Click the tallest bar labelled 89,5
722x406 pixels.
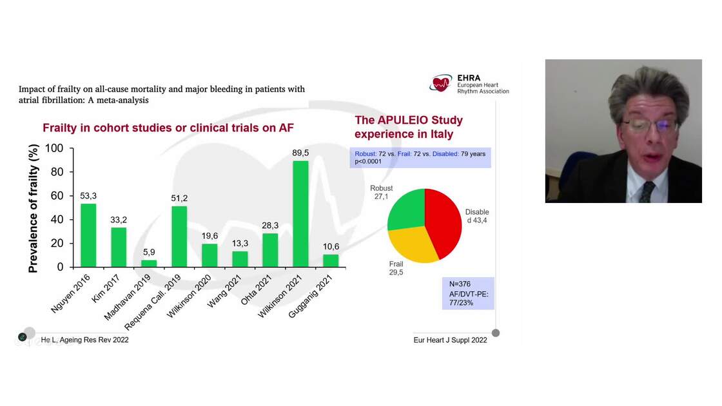pos(300,213)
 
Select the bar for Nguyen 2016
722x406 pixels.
pos(88,235)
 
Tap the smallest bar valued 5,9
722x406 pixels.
pos(149,263)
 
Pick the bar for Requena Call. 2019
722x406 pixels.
pos(179,237)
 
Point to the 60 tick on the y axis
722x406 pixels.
pos(57,195)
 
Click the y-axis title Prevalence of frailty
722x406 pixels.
pos(34,208)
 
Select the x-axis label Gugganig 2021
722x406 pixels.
pos(312,292)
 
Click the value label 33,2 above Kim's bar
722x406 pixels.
pos(119,220)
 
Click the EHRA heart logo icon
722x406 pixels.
pos(442,83)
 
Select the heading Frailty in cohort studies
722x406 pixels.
pos(168,128)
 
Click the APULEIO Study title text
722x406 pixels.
pos(409,127)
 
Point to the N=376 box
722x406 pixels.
pos(467,293)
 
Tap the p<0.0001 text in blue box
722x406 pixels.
pos(369,162)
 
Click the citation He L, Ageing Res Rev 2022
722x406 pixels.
pos(84,340)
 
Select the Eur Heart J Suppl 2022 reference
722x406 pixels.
pos(450,340)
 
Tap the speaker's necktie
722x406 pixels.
pos(647,191)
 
